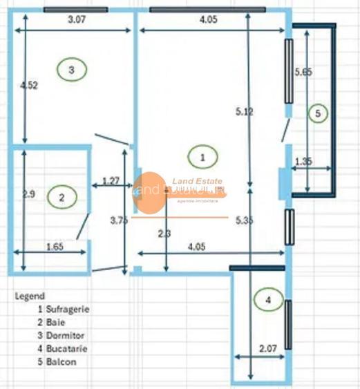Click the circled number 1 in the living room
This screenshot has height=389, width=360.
pos(202,157)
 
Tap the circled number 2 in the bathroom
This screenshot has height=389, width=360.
pos(61,198)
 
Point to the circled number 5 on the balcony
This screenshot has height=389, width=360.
pos(317,113)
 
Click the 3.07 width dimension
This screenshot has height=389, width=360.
pos(77,21)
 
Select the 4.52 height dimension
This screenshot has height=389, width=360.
pos(29,86)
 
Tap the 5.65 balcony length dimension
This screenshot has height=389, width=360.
pos(304,71)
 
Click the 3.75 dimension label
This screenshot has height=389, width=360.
pos(120,220)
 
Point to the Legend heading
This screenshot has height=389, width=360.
pos(30,295)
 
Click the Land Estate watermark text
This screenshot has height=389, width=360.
pos(196,182)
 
